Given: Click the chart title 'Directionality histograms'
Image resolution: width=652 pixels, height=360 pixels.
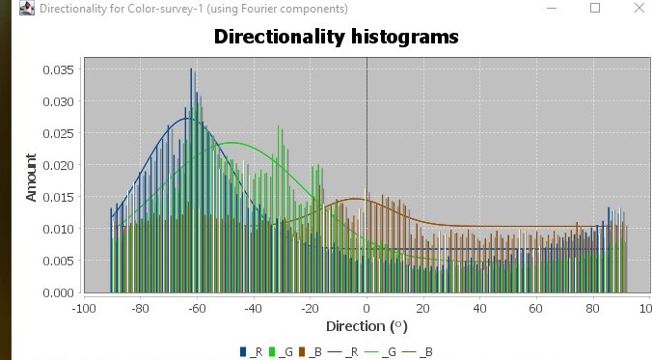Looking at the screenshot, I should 336,38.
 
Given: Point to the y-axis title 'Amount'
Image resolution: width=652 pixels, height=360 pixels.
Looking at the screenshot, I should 31,177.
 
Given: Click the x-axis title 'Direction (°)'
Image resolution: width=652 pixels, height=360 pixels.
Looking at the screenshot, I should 366,326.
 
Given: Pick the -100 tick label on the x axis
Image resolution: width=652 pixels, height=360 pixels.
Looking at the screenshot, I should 84,309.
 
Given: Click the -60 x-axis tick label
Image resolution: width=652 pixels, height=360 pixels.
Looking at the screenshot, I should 197,309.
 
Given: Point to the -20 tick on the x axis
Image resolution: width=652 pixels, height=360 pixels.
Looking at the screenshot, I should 310,309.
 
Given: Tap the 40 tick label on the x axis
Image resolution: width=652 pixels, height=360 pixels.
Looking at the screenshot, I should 478,309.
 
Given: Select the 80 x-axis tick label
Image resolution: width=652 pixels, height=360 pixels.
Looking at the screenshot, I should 591,309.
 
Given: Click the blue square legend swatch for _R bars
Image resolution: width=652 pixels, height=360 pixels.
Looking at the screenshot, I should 243,352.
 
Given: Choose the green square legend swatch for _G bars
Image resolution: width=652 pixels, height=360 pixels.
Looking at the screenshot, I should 272,352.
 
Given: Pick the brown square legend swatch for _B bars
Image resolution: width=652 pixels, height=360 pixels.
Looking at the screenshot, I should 301,352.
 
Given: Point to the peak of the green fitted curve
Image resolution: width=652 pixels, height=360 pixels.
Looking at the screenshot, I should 232,143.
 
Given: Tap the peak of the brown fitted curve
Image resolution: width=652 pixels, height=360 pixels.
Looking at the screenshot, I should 354,199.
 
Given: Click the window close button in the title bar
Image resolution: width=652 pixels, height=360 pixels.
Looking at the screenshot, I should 639,9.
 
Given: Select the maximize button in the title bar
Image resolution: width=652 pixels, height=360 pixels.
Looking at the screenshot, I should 595,9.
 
